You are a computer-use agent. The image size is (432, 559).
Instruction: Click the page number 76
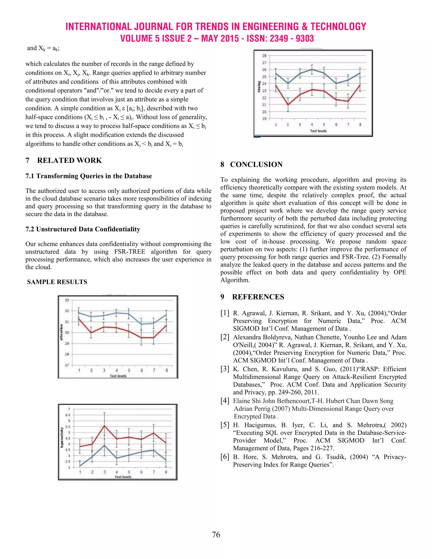point(216,535)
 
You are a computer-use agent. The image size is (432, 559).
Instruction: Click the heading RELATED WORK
point(69,161)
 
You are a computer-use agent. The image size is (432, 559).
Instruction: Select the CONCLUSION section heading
point(256,165)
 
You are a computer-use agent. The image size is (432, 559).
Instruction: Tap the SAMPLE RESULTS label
point(57,282)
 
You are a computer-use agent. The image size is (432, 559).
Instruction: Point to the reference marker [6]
point(225,457)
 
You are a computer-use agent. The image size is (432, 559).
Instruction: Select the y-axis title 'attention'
point(61,332)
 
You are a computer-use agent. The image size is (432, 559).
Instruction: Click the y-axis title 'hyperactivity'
point(62,437)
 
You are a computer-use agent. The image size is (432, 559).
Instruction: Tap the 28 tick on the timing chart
point(264,55)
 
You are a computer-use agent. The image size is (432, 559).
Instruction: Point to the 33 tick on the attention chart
point(67,300)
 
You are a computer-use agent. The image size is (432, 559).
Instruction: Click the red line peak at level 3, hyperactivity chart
point(104,425)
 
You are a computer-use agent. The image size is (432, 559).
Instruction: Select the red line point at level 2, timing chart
point(288,104)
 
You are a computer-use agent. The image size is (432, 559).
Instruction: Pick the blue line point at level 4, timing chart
point(312,69)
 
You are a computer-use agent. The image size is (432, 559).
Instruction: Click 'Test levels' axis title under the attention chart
point(118,376)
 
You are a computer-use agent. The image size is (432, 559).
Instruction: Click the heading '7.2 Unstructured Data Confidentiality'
point(83,229)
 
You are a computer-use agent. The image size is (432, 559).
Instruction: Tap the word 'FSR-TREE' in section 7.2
point(130,252)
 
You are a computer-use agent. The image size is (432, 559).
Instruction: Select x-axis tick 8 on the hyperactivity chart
point(166,472)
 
